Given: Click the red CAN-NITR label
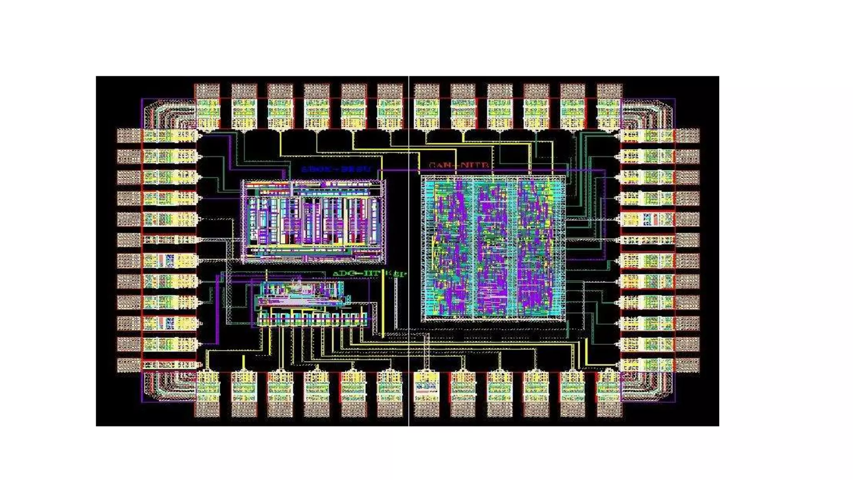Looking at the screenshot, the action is click(459, 165).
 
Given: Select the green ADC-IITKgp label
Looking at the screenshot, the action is click(369, 274).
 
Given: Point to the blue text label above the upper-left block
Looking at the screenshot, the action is click(336, 170).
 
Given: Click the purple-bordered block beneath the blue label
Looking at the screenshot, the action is click(313, 221).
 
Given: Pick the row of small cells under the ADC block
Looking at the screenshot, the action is click(312, 319).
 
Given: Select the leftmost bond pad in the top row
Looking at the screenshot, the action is click(207, 91).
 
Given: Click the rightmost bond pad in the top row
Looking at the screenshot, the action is click(609, 91).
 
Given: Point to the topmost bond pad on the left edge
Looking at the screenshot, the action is click(129, 135).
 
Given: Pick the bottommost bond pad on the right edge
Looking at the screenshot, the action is click(687, 365).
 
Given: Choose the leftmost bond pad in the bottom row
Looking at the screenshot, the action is click(207, 409).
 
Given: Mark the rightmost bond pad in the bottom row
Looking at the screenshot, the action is click(609, 409).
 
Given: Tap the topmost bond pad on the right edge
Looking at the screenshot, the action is click(687, 135).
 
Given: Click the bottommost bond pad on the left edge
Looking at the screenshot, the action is click(129, 365).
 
